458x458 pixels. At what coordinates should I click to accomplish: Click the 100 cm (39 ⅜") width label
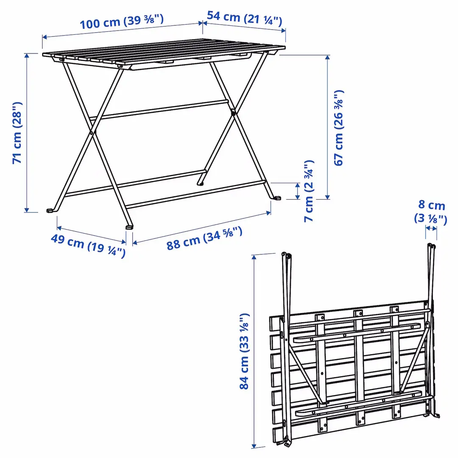coord(122,21)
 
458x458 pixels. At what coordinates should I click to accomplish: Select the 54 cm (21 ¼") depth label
coord(245,17)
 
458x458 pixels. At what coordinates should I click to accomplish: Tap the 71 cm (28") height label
coord(17,133)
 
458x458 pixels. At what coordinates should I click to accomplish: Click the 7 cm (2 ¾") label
coord(309,191)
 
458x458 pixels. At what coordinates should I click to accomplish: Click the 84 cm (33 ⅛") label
coord(243,351)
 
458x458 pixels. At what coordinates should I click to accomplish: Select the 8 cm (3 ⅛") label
coord(431,212)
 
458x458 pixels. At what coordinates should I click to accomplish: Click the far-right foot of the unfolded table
coord(277,198)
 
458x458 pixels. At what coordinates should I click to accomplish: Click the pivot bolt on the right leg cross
coord(233,112)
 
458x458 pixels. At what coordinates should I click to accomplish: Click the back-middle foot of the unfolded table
coord(200,184)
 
